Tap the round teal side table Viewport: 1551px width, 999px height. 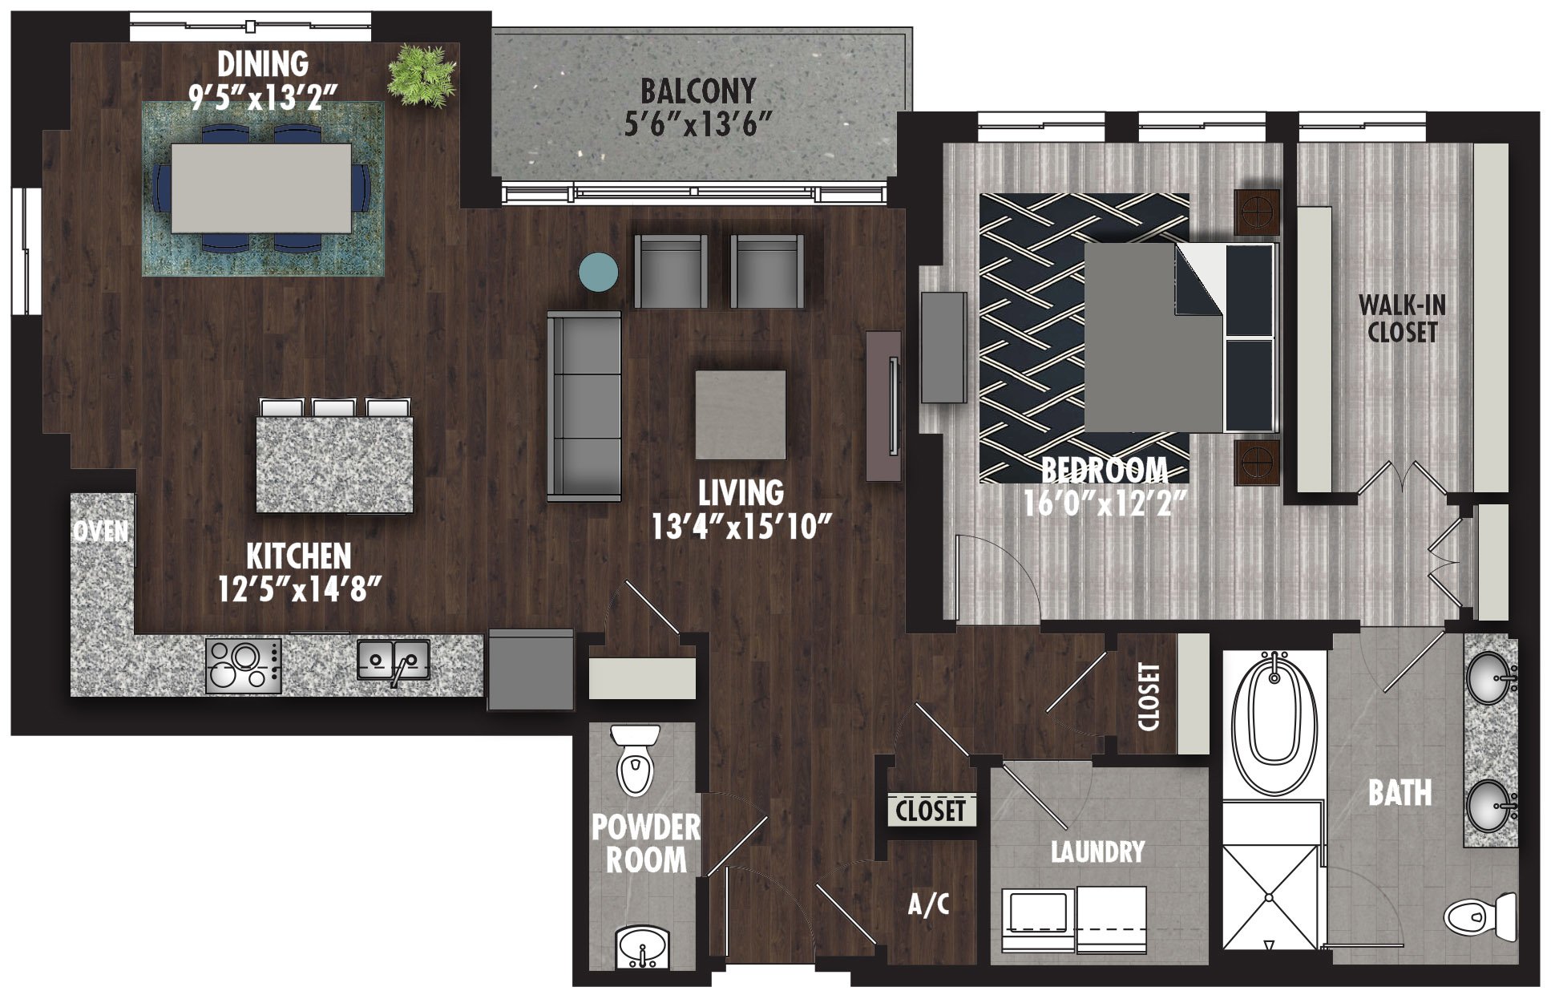[x=599, y=271]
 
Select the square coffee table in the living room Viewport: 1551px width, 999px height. [x=740, y=414]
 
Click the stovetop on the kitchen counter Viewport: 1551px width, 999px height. [x=244, y=665]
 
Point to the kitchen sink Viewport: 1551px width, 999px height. [x=393, y=661]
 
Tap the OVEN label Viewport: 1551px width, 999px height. [x=101, y=531]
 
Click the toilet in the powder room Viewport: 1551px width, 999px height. [x=636, y=760]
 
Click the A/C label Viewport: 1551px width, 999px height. [x=928, y=904]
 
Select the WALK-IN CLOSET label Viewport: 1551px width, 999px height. [x=1402, y=318]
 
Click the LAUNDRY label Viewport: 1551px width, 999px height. [x=1097, y=851]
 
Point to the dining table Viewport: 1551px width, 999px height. [x=261, y=188]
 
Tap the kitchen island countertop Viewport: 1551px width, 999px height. [x=334, y=464]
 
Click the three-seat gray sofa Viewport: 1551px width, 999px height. [x=584, y=406]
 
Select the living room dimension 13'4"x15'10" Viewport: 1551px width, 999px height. [x=741, y=527]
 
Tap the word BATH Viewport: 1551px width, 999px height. [x=1400, y=793]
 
